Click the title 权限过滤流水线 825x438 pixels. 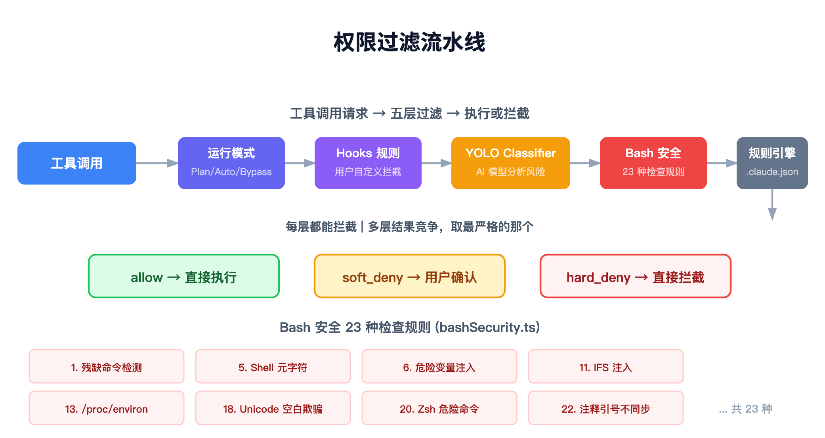click(x=409, y=42)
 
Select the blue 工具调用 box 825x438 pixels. click(x=77, y=163)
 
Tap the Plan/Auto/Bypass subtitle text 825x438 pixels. click(x=231, y=172)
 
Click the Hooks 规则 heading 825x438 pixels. click(x=368, y=153)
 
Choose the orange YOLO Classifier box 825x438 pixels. click(x=510, y=163)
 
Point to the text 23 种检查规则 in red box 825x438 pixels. click(x=653, y=172)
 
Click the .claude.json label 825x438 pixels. click(x=772, y=172)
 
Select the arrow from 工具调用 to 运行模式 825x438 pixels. click(x=157, y=163)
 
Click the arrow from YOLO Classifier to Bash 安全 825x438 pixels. click(x=585, y=163)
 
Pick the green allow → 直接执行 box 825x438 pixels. click(x=184, y=276)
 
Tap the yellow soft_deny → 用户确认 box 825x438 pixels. click(x=409, y=276)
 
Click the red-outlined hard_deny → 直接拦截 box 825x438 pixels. click(x=635, y=276)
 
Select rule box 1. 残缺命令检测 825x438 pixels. click(x=107, y=367)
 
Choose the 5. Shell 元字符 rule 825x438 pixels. click(x=273, y=367)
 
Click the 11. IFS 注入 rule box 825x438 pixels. click(x=605, y=367)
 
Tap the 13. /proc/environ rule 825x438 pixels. click(x=107, y=408)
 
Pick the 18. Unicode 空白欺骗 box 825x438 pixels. click(x=273, y=408)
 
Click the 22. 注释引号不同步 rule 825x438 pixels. click(x=605, y=408)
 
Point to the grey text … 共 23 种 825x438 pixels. click(x=745, y=409)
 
